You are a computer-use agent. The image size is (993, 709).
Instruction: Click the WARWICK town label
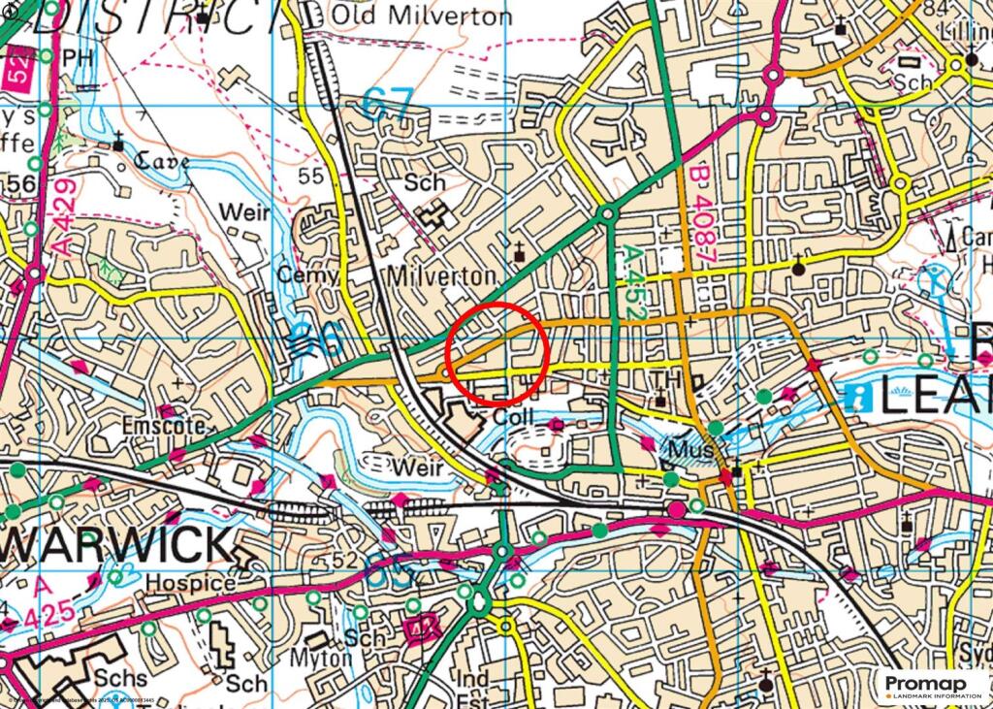pos(115,546)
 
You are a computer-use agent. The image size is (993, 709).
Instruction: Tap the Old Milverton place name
pos(422,16)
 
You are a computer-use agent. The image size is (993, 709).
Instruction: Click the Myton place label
pos(321,658)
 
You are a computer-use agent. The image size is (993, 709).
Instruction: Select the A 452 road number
pos(630,283)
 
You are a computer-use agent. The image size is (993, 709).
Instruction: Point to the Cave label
pos(161,161)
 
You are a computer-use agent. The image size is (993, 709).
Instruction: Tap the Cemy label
pos(307,276)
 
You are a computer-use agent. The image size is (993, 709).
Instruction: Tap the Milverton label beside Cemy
pos(440,276)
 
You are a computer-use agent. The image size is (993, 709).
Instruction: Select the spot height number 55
pos(310,176)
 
